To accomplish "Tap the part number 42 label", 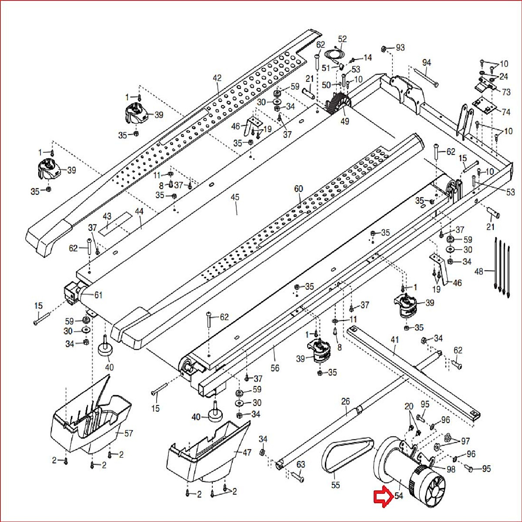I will (217, 78).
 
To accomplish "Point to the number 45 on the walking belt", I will (235, 197).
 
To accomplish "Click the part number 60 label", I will (298, 189).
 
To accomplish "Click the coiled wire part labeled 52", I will (334, 54).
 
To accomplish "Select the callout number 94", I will (426, 63).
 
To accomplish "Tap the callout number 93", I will (400, 47).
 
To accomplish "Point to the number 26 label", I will (345, 401).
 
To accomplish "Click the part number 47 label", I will (247, 453).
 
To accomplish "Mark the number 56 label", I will (275, 368).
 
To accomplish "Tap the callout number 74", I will (506, 112).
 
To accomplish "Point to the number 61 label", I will (98, 295).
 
